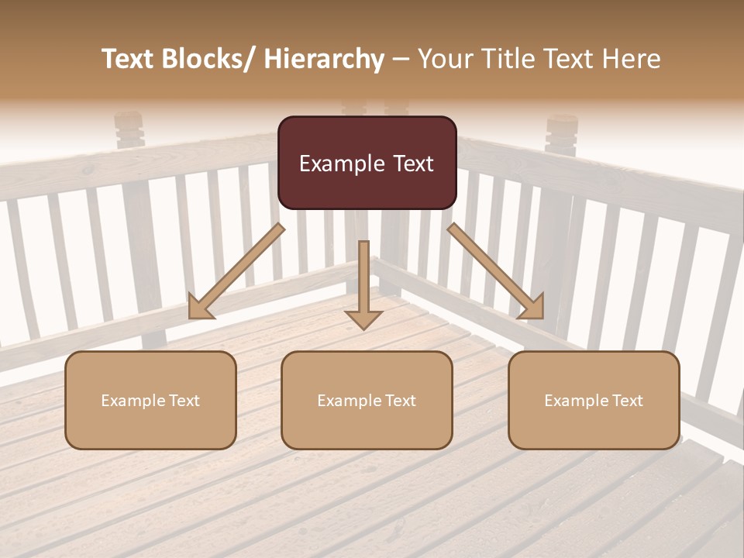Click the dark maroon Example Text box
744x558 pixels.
[367, 163]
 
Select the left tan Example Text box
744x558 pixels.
[150, 400]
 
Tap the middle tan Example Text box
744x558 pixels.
[367, 400]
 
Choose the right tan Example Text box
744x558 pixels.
[594, 400]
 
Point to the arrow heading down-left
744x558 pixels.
[236, 271]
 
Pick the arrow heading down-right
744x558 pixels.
[496, 271]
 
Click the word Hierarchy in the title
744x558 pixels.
[324, 59]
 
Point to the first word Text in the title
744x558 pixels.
[129, 59]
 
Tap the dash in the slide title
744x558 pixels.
[401, 60]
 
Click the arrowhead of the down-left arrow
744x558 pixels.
[200, 307]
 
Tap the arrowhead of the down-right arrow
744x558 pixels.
[532, 307]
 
